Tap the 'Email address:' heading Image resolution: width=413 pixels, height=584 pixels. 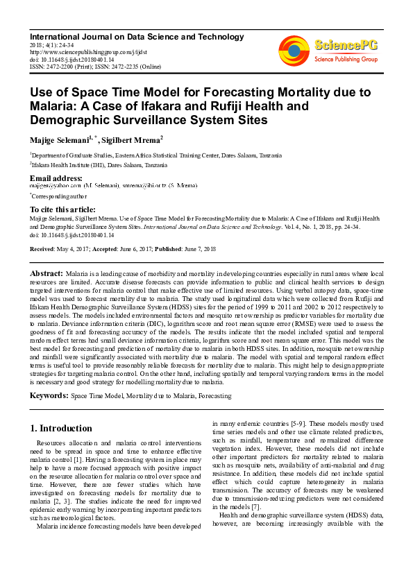56,179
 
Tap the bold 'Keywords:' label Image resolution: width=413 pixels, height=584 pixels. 48,395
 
